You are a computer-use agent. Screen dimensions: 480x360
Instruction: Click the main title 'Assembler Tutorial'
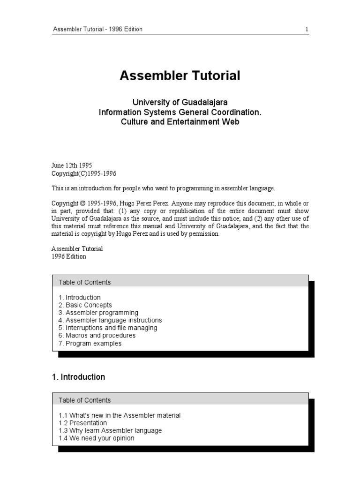click(x=180, y=75)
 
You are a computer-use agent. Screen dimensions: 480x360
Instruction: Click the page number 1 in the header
click(x=307, y=29)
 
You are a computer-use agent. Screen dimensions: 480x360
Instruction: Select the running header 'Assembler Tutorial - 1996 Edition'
click(x=97, y=29)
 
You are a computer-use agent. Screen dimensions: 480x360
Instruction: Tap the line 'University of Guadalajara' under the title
click(x=180, y=102)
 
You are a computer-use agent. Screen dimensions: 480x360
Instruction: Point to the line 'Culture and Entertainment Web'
click(x=180, y=122)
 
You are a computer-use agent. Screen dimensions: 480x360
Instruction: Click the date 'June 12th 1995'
click(x=72, y=165)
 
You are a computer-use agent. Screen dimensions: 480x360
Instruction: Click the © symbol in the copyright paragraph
click(x=83, y=203)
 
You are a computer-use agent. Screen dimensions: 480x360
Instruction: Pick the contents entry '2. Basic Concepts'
click(x=85, y=305)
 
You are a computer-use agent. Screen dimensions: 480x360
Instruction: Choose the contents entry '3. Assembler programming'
click(x=98, y=313)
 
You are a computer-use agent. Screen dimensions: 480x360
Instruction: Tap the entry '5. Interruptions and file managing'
click(x=108, y=328)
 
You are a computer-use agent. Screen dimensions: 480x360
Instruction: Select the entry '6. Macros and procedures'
click(x=97, y=336)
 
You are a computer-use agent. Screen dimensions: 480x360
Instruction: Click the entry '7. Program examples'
click(x=90, y=343)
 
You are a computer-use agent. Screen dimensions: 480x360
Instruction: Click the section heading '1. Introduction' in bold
click(x=78, y=377)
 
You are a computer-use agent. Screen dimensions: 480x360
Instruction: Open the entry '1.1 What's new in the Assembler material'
click(x=120, y=415)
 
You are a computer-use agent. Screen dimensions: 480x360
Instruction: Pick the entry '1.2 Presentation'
click(x=83, y=423)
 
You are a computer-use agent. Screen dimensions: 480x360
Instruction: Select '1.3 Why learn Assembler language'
click(x=110, y=430)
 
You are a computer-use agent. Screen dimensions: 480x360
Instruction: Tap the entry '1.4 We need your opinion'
click(x=96, y=438)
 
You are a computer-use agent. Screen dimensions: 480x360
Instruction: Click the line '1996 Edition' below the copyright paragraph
click(x=68, y=256)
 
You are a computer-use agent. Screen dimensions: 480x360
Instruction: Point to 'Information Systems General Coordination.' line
click(x=180, y=112)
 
